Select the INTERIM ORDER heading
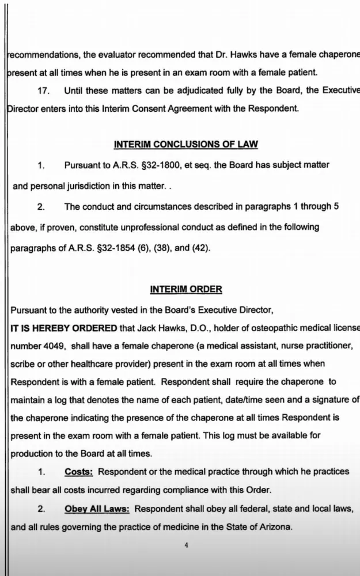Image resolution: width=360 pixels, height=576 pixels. [x=185, y=289]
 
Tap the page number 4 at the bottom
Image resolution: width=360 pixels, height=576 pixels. [x=185, y=544]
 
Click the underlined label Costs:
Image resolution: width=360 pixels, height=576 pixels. [x=79, y=471]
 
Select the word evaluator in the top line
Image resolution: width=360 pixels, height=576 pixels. [x=122, y=54]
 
